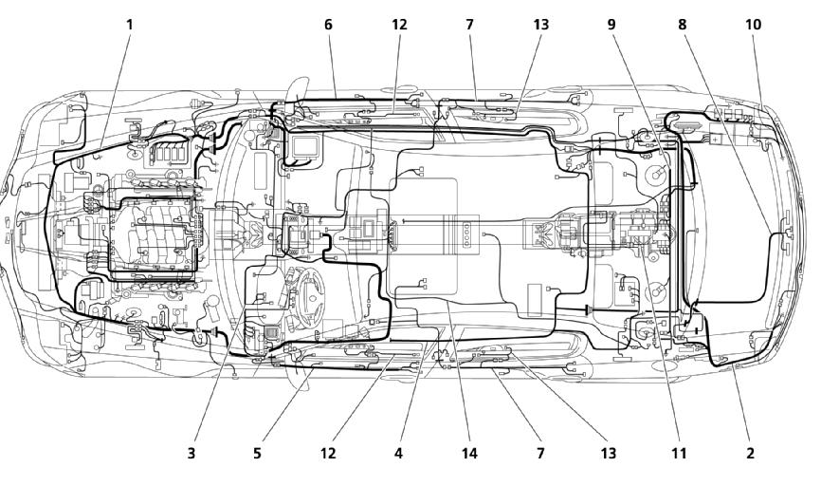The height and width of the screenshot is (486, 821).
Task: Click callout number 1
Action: tap(129, 24)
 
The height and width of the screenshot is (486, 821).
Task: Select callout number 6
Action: tap(328, 24)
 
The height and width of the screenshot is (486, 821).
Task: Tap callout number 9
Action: tap(611, 24)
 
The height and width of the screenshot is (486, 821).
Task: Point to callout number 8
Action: tap(682, 24)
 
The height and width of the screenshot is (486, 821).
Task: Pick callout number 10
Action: tap(753, 24)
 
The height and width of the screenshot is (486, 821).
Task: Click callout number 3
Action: tap(192, 453)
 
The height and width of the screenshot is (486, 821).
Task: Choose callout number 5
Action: tap(257, 453)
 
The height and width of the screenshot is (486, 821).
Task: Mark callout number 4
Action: tap(398, 453)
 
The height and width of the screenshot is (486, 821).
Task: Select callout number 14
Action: tap(469, 453)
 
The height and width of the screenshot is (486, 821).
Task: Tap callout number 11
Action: tap(679, 453)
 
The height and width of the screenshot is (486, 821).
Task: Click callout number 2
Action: tap(750, 453)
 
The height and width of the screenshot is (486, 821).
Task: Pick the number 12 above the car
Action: tap(399, 24)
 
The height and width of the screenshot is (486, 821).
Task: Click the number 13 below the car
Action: tap(609, 453)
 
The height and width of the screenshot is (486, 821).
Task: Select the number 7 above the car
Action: tap(469, 24)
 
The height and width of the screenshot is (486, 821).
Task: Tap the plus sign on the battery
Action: tap(716, 139)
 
